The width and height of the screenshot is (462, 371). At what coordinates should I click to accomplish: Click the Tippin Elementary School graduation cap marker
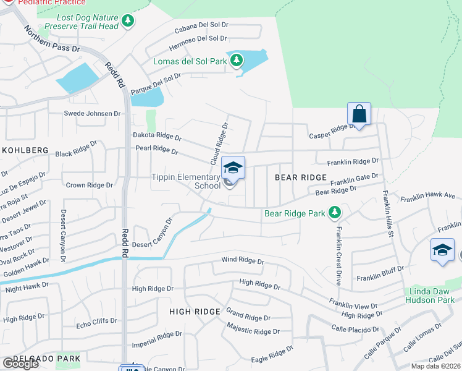(233, 168)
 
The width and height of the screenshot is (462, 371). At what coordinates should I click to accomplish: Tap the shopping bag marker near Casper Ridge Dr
(359, 114)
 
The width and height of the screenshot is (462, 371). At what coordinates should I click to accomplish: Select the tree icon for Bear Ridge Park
(335, 213)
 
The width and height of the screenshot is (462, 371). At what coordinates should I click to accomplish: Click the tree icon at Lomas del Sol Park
(236, 61)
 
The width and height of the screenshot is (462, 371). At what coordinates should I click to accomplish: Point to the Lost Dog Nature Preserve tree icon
(128, 21)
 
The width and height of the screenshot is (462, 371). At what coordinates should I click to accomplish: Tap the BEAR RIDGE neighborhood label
(300, 177)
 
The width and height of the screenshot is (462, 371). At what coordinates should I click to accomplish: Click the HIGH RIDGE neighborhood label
(195, 312)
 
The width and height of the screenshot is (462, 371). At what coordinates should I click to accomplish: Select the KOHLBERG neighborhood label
(25, 150)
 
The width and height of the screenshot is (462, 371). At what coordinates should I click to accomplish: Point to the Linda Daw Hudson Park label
(434, 296)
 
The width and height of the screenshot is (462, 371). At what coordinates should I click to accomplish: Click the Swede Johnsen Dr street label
(93, 114)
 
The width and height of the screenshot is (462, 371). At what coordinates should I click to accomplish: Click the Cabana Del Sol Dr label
(201, 25)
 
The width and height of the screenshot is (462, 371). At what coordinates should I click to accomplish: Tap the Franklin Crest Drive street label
(338, 254)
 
